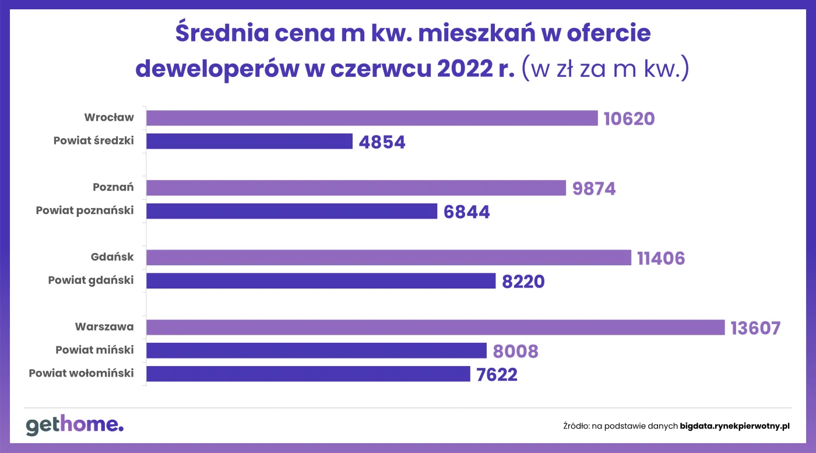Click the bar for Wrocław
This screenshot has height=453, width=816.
coord(372,118)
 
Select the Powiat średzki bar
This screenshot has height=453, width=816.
coord(249,141)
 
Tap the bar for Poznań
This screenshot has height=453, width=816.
coord(356,188)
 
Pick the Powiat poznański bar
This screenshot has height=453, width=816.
coord(291,211)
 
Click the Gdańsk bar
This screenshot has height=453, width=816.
coord(388,258)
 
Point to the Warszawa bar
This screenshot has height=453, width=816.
coord(435,327)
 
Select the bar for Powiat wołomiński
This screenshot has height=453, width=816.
coord(308,374)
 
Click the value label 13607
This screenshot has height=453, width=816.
coord(755,328)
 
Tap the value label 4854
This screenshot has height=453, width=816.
coord(382,142)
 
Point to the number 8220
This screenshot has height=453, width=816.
coord(523,282)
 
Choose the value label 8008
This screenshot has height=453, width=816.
coord(515,352)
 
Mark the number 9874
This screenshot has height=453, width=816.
coord(594,189)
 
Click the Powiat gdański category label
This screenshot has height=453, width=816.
coord(91,280)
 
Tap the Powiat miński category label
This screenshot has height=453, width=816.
coord(94,350)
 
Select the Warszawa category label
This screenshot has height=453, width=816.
coord(104,327)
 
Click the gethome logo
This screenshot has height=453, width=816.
coord(75,425)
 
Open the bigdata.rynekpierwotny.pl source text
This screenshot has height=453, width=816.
coord(734,426)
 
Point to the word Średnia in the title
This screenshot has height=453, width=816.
coord(220,33)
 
